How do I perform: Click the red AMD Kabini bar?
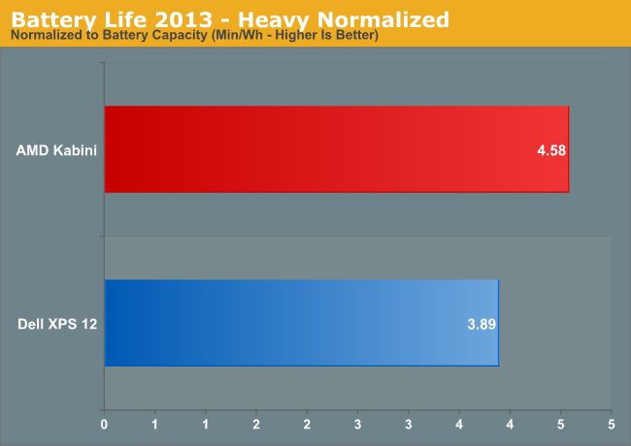click(337, 149)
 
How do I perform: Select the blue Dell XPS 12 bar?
click(302, 323)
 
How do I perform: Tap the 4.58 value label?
click(551, 150)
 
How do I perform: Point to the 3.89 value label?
click(482, 324)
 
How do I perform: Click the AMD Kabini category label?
click(56, 150)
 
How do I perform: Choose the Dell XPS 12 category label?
click(57, 324)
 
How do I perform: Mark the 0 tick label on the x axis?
click(104, 425)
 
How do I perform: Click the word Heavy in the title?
click(272, 19)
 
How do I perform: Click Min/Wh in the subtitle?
click(239, 35)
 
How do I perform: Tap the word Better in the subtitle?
click(355, 35)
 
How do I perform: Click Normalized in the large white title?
click(383, 19)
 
